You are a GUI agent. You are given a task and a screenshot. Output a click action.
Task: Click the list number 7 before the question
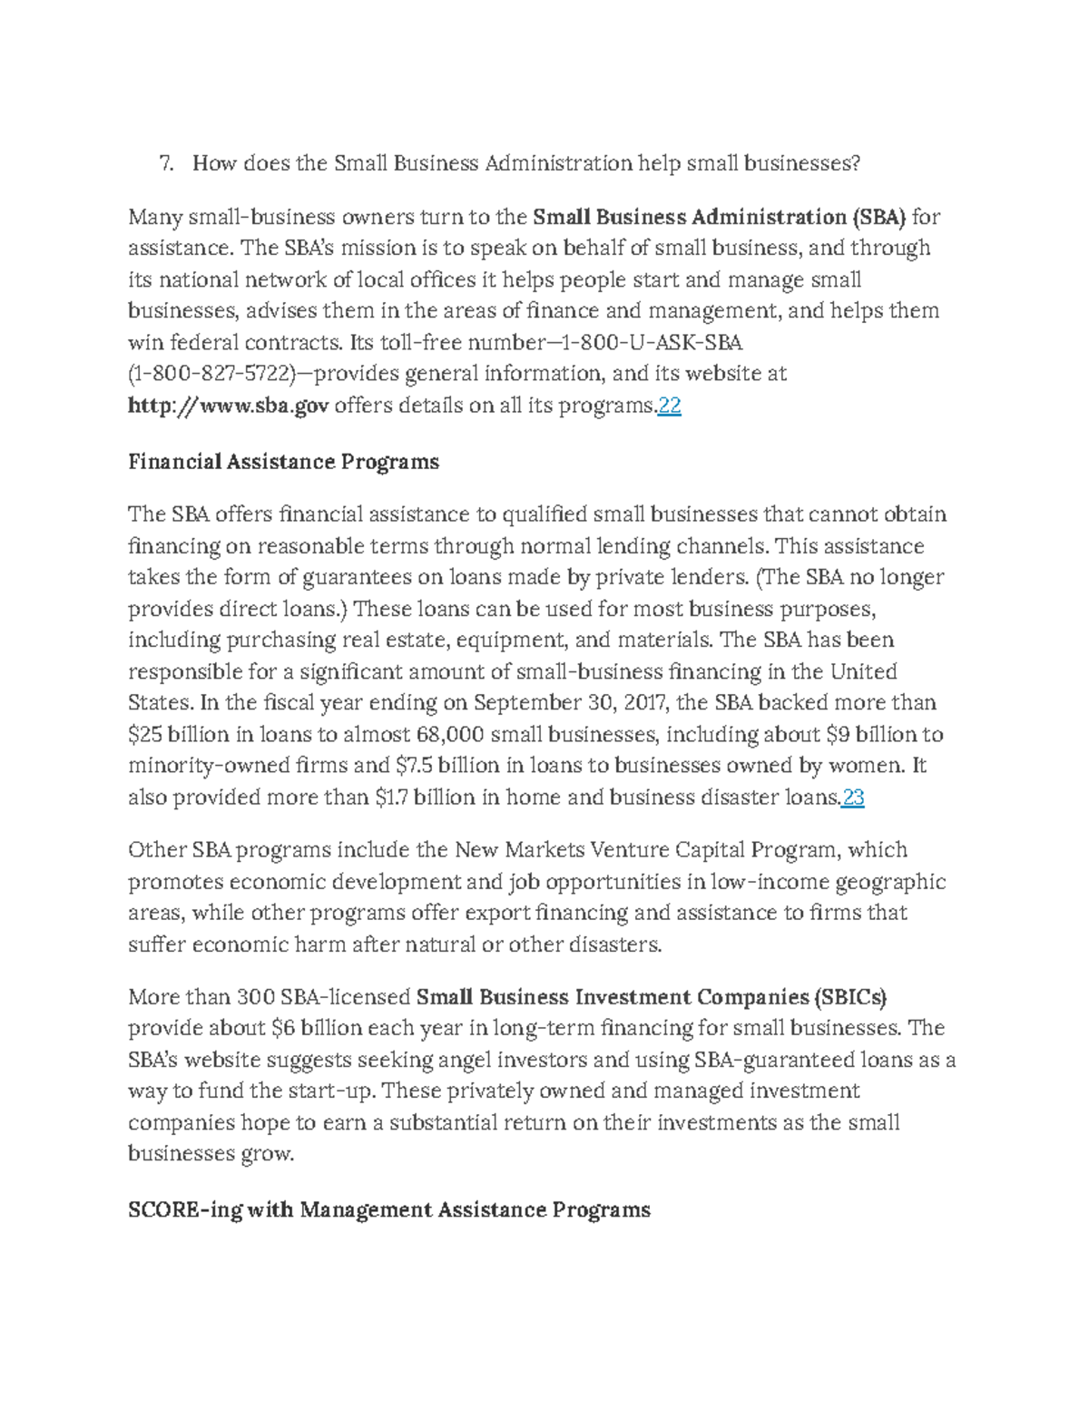coord(165,163)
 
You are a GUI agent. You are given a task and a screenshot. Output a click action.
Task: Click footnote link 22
coord(669,406)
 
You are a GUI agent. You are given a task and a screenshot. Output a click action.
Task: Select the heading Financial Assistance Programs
coord(283,462)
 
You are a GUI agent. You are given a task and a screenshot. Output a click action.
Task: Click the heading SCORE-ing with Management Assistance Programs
coord(389,1209)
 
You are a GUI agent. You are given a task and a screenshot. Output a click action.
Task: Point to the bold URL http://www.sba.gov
coord(228,406)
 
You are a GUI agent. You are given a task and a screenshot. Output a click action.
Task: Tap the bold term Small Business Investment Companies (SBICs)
coord(651,997)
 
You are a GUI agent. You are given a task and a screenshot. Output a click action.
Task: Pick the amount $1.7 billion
coord(424,797)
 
